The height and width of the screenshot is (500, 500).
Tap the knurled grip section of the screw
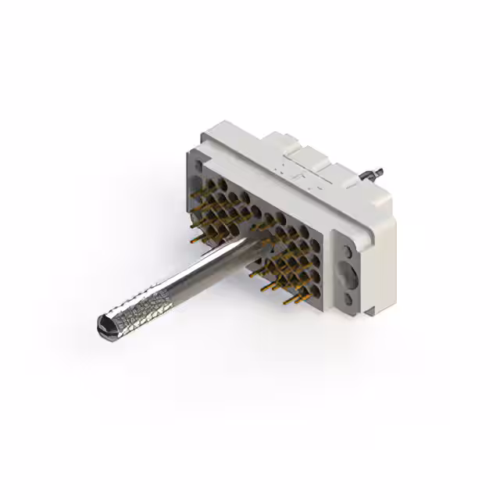coord(137,305)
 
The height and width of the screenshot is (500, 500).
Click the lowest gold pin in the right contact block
coord(295,300)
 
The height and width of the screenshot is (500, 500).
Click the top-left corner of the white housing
coord(205,136)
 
